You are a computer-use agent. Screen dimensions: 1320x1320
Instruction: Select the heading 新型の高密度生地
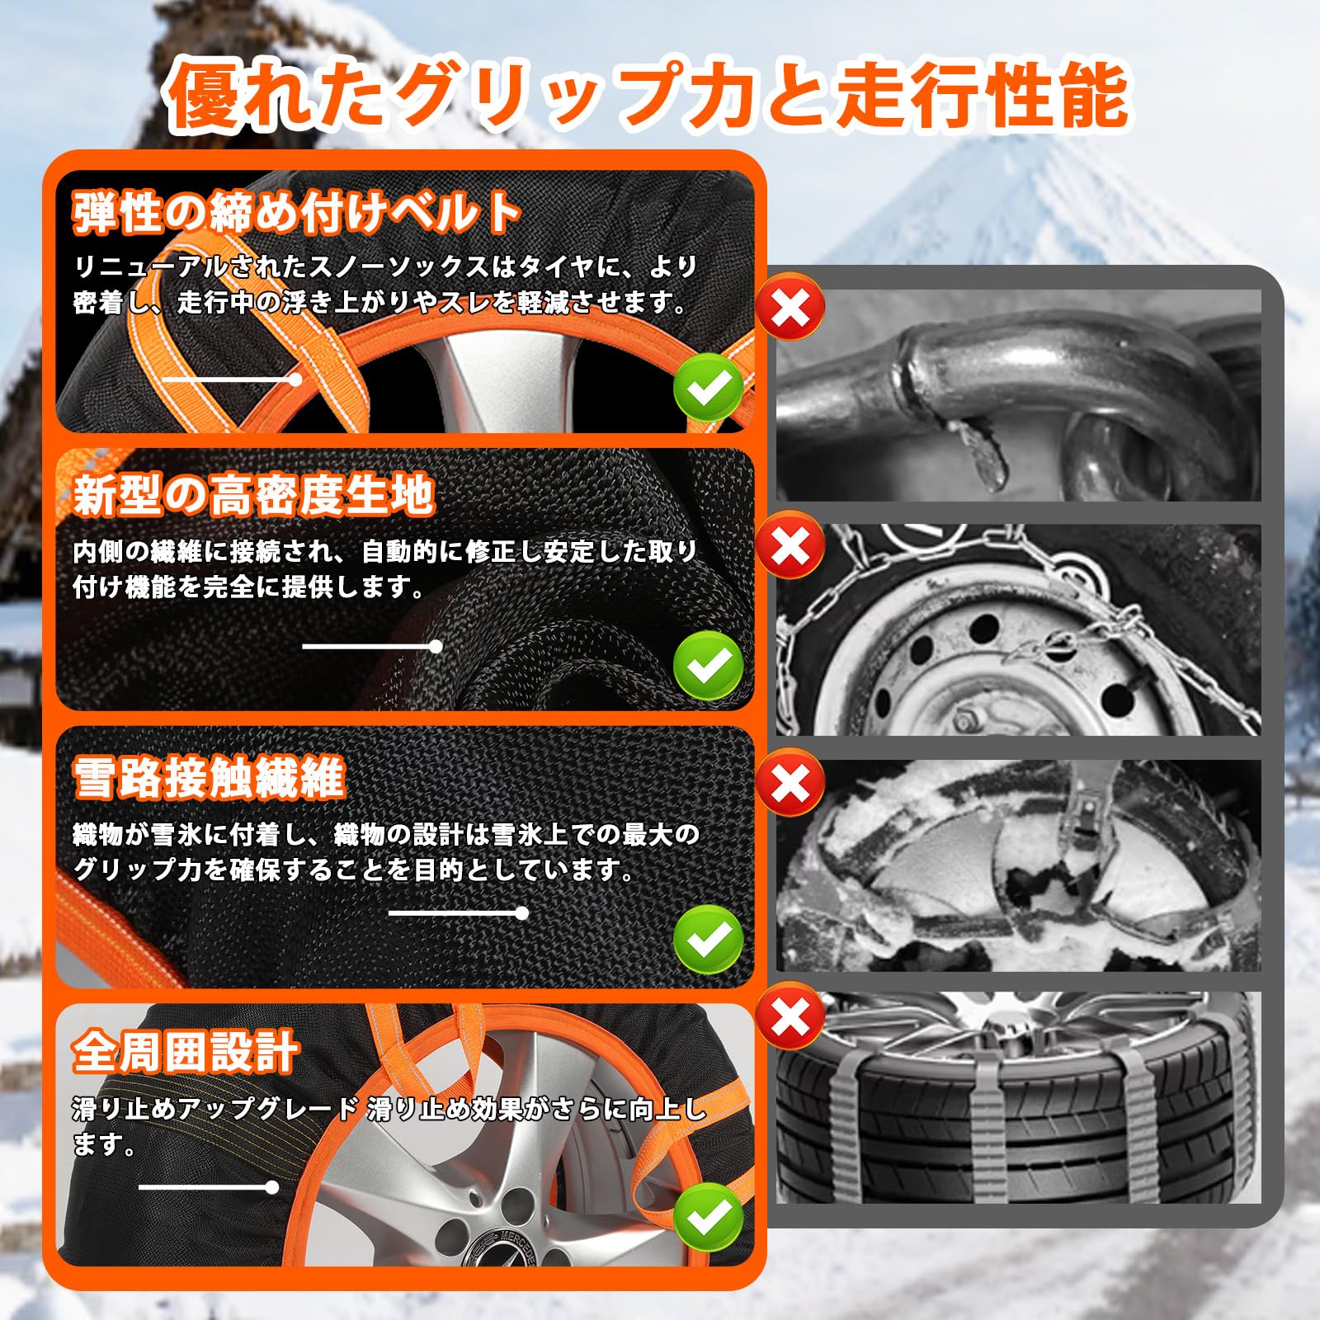[253, 495]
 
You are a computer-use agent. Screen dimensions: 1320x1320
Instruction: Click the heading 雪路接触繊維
[209, 777]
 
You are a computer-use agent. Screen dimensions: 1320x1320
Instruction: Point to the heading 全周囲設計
[185, 1052]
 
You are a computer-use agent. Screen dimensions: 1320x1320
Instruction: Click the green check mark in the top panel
[708, 388]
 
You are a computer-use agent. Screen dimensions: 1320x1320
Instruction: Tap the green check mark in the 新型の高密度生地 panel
[708, 665]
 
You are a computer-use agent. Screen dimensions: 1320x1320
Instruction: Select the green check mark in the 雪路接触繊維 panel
[708, 939]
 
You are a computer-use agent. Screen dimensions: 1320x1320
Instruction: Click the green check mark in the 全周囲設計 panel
[708, 1217]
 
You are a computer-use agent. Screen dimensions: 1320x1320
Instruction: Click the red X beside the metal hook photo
[790, 308]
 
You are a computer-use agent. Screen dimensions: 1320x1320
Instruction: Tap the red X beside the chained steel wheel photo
[790, 544]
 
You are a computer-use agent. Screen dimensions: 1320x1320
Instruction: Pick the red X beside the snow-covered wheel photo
[790, 782]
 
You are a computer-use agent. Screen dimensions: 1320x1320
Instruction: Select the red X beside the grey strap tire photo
[790, 1016]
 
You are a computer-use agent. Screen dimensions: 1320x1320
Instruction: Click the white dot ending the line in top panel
[295, 379]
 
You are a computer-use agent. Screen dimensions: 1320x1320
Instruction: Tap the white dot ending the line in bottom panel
[272, 1187]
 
